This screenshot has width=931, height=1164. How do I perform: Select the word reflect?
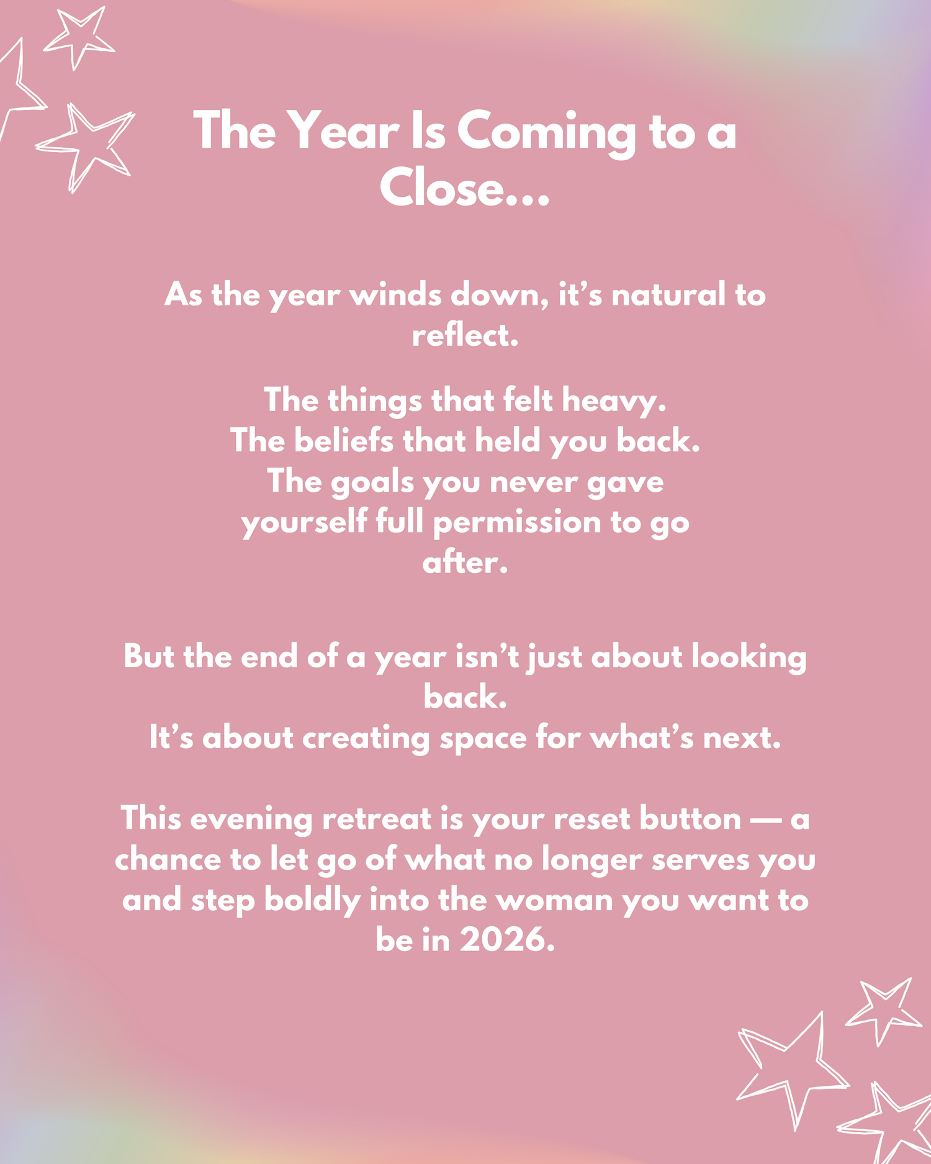(x=465, y=335)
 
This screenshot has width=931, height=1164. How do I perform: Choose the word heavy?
(x=614, y=401)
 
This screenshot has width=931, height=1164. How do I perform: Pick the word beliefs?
(x=344, y=441)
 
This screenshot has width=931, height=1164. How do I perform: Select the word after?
(x=465, y=562)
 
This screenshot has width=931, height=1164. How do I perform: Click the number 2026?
(x=506, y=941)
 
